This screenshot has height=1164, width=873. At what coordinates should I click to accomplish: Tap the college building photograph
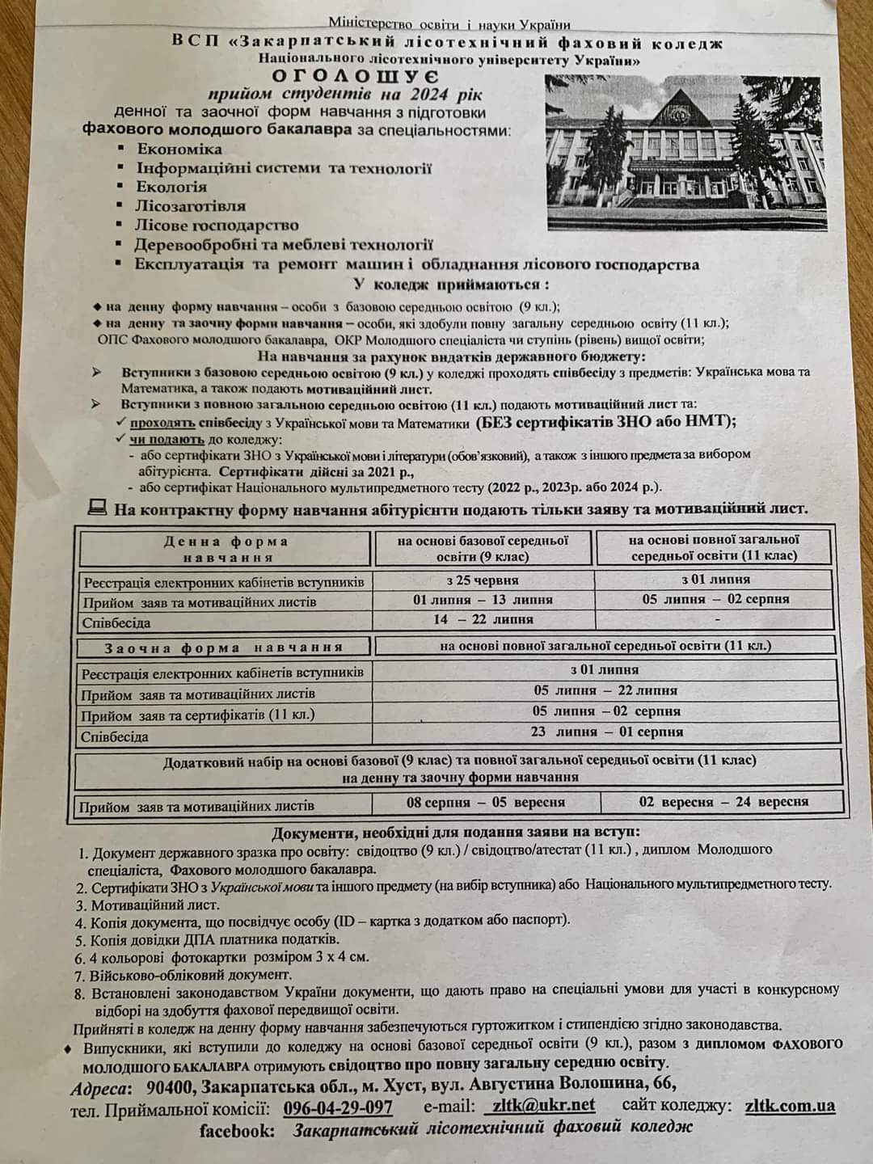[x=683, y=154]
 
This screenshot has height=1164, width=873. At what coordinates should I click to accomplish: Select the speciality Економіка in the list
[x=179, y=149]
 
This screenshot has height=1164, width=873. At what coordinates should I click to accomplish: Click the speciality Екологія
[x=171, y=187]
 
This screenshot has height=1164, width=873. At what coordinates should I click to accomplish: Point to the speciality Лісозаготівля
[x=191, y=206]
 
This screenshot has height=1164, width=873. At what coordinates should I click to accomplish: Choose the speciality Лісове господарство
[x=217, y=226]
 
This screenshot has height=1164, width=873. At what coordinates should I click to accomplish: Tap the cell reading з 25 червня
[x=483, y=580]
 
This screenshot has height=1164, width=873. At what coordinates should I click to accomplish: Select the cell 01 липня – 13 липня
[x=483, y=600]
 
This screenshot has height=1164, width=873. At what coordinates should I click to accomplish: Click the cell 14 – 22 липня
[x=483, y=619]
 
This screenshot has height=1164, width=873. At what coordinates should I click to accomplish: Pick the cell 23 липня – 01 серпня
[x=607, y=732]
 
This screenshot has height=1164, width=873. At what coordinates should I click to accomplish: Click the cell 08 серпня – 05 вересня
[x=485, y=803]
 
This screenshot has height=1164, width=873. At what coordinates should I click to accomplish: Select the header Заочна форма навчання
[x=223, y=647]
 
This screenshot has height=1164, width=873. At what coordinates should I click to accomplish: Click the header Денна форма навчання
[x=226, y=549]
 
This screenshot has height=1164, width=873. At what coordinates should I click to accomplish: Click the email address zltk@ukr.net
[x=542, y=1105]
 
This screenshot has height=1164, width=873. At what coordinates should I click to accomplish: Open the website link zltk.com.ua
[x=790, y=1105]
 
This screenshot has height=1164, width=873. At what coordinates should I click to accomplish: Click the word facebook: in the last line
[x=238, y=1131]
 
